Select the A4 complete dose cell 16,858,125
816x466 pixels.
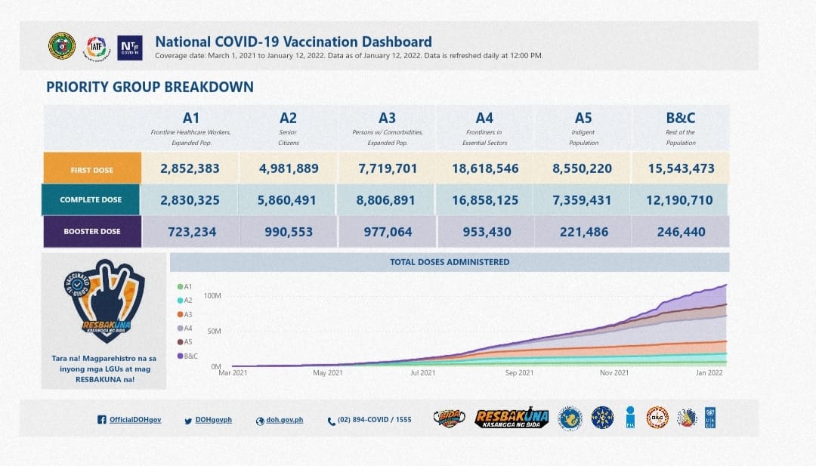point(486,200)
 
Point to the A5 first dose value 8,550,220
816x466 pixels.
point(583,168)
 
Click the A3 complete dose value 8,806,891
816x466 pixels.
point(387,200)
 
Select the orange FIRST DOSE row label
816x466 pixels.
point(92,170)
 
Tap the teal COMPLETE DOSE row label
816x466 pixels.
point(91,200)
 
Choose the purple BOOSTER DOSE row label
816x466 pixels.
point(92,232)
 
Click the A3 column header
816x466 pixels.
point(387,118)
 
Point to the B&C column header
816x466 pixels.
point(681,118)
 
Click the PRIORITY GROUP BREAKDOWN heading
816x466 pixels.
point(150,87)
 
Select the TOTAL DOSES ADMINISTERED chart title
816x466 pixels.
point(450,262)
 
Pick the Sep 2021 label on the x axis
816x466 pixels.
point(519,373)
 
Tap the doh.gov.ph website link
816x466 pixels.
point(284,420)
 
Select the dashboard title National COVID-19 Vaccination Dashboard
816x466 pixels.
point(293,42)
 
